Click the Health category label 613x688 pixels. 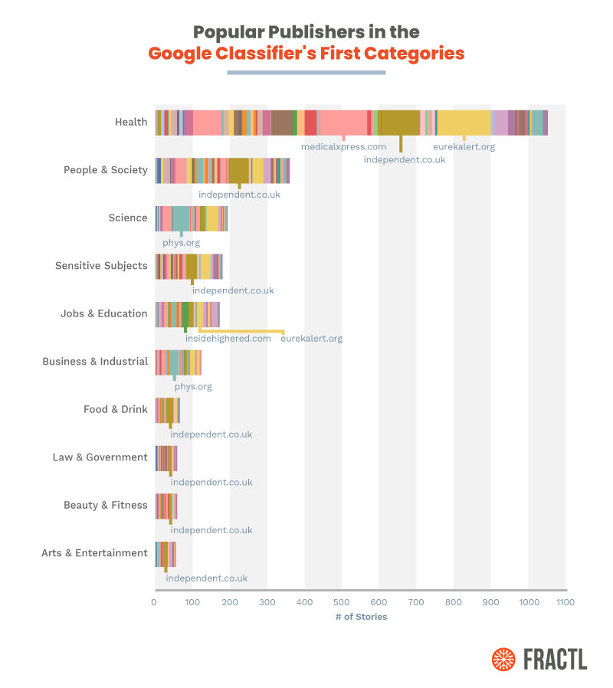tap(130, 122)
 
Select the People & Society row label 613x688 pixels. tap(105, 170)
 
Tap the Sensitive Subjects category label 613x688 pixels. tap(100, 266)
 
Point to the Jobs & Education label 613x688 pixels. tap(103, 313)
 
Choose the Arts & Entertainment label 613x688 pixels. tap(94, 553)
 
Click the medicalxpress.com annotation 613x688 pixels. tap(343, 146)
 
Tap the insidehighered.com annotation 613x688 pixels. tap(228, 338)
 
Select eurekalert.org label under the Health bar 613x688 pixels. tap(464, 146)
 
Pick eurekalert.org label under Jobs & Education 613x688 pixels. tap(311, 338)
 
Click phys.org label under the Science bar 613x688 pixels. tap(181, 243)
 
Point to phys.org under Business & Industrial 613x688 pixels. tap(192, 386)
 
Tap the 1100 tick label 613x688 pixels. tap(565, 603)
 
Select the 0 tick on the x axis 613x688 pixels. tap(154, 603)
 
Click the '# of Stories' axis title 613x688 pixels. tap(361, 617)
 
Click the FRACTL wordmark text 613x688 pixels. tap(556, 659)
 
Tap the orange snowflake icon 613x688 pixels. tap(504, 659)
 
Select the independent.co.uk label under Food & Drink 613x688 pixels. tap(211, 434)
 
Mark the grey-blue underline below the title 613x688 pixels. tap(306, 73)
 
